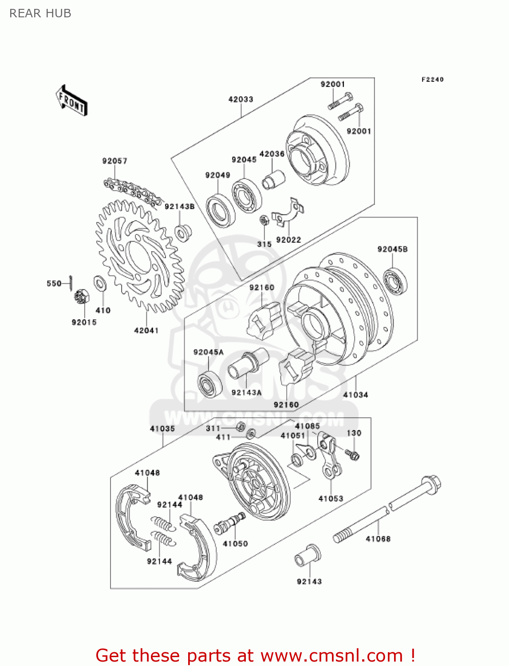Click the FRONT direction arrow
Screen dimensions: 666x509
[x=71, y=101]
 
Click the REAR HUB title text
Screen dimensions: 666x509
[x=40, y=13]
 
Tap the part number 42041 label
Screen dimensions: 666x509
[x=146, y=330]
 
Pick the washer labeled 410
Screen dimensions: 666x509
[x=100, y=283]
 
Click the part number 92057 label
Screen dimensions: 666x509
[x=114, y=161]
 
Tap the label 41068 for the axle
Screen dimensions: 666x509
[x=378, y=539]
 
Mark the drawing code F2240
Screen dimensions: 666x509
[x=432, y=79]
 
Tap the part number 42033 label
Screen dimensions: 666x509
[x=241, y=99]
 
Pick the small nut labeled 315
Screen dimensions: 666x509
[x=264, y=220]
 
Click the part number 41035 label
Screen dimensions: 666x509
[x=162, y=428]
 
